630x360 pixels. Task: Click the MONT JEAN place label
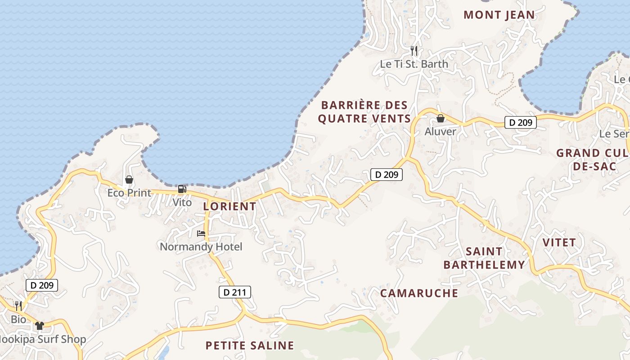coord(499,15)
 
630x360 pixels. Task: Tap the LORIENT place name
coord(229,207)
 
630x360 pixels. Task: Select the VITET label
coord(559,243)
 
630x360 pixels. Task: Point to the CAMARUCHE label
coord(419,293)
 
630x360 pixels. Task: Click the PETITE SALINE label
coord(250,346)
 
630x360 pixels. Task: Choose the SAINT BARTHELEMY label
coord(484,258)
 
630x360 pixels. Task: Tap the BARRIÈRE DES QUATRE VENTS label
coord(364,112)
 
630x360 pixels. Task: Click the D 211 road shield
coord(234,292)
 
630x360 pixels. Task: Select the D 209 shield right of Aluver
coord(521,122)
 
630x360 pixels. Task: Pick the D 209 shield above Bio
coord(42,285)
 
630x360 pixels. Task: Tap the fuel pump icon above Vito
coord(182,189)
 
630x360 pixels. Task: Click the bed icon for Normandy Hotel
coord(201,234)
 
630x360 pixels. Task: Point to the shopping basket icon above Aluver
coord(441,118)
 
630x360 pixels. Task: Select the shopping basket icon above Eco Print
coord(129,180)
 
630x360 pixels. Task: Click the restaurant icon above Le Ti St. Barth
coord(414,51)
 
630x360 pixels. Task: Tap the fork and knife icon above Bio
coord(18,306)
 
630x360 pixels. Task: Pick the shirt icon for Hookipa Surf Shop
coord(40,326)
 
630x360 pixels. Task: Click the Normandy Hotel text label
coord(201,247)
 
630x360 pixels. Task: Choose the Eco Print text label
coord(129,193)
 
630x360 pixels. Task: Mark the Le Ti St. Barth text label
coord(414,64)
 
